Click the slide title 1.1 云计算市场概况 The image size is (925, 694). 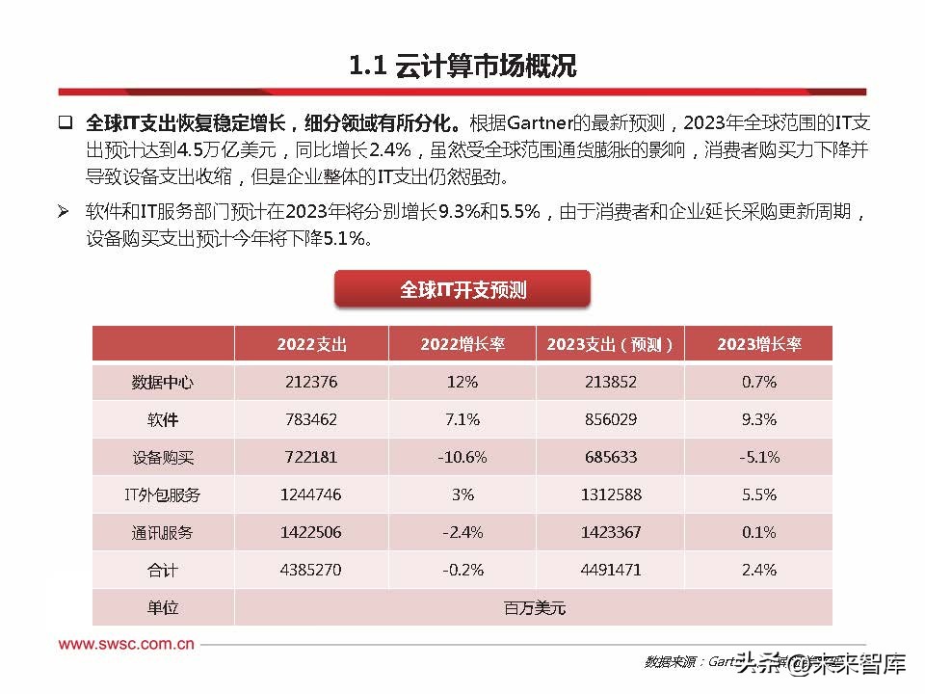[x=462, y=67]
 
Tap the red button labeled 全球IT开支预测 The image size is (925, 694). [x=462, y=290]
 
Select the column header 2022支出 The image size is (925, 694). [x=311, y=344]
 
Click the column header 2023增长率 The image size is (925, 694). [x=758, y=344]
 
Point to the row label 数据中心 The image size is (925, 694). [x=163, y=382]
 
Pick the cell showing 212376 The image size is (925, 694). [x=311, y=382]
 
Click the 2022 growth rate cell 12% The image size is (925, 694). [x=462, y=382]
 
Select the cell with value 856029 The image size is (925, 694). [x=610, y=420]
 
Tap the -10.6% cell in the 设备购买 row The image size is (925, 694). [x=462, y=457]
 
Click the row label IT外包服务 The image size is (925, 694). [x=163, y=494]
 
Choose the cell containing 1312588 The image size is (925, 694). [x=610, y=494]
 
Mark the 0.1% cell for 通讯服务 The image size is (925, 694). [x=758, y=532]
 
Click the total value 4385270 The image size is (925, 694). [x=311, y=570]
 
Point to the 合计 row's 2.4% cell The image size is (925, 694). [x=758, y=570]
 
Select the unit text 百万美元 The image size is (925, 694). [x=534, y=607]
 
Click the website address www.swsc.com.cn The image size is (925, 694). [x=126, y=644]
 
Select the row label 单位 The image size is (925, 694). [x=163, y=607]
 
